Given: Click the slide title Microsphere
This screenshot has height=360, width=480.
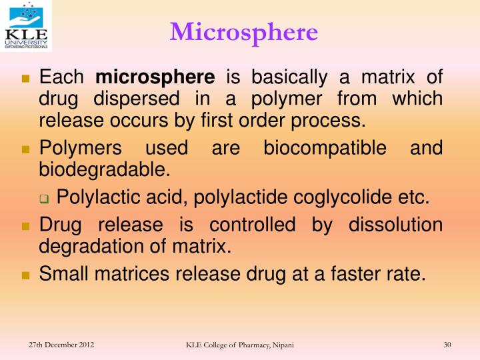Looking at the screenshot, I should [x=244, y=31].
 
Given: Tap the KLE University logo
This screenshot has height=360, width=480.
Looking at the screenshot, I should [x=27, y=27].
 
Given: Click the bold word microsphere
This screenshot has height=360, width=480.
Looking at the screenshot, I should [x=155, y=77].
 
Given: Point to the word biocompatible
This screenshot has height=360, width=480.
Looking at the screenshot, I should [x=325, y=147].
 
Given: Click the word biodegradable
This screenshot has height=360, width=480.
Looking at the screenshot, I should [x=105, y=169].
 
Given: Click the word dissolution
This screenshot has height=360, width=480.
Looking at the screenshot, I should [x=395, y=225].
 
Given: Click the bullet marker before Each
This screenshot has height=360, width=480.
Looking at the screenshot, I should [x=27, y=79].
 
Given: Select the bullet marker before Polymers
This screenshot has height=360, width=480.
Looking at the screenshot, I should [x=27, y=149].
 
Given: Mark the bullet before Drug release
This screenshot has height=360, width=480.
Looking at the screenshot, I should [x=27, y=226].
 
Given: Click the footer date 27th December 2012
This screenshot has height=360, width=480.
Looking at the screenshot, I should [x=61, y=344].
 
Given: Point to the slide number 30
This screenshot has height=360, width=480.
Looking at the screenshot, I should [x=447, y=344].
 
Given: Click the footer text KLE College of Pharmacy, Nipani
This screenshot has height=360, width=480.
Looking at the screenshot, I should [x=239, y=345].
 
